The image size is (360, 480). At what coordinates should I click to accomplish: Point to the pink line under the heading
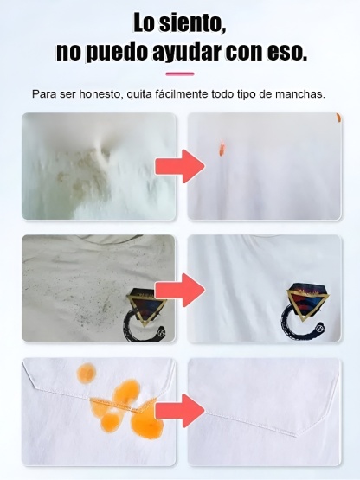click(x=179, y=76)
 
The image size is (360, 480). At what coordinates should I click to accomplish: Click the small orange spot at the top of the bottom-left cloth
click(x=86, y=373)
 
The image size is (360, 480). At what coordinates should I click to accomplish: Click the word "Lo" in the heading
click(x=145, y=22)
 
